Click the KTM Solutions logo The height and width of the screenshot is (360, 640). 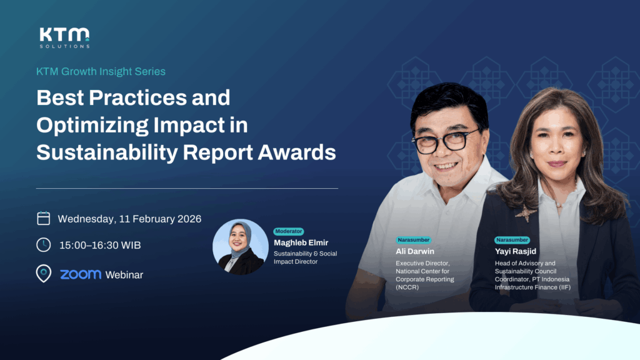[x=64, y=37]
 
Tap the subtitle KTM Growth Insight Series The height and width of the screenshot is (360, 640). [x=101, y=71]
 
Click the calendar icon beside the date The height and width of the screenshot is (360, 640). [x=44, y=218]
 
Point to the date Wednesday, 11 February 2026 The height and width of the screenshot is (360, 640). [x=129, y=219]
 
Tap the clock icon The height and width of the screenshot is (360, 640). [x=44, y=245]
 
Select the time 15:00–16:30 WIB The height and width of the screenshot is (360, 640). [x=100, y=245]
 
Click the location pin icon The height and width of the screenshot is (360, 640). [x=44, y=274]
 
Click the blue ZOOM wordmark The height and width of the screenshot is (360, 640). [x=81, y=274]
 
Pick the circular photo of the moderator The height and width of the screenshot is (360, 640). [x=241, y=247]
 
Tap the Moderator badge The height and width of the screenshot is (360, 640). [x=289, y=231]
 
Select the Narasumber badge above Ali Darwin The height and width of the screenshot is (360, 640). [x=413, y=240]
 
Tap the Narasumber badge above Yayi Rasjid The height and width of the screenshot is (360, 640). [x=512, y=240]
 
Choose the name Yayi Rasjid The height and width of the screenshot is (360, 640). [x=516, y=251]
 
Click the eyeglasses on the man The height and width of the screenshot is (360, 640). [x=447, y=141]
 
